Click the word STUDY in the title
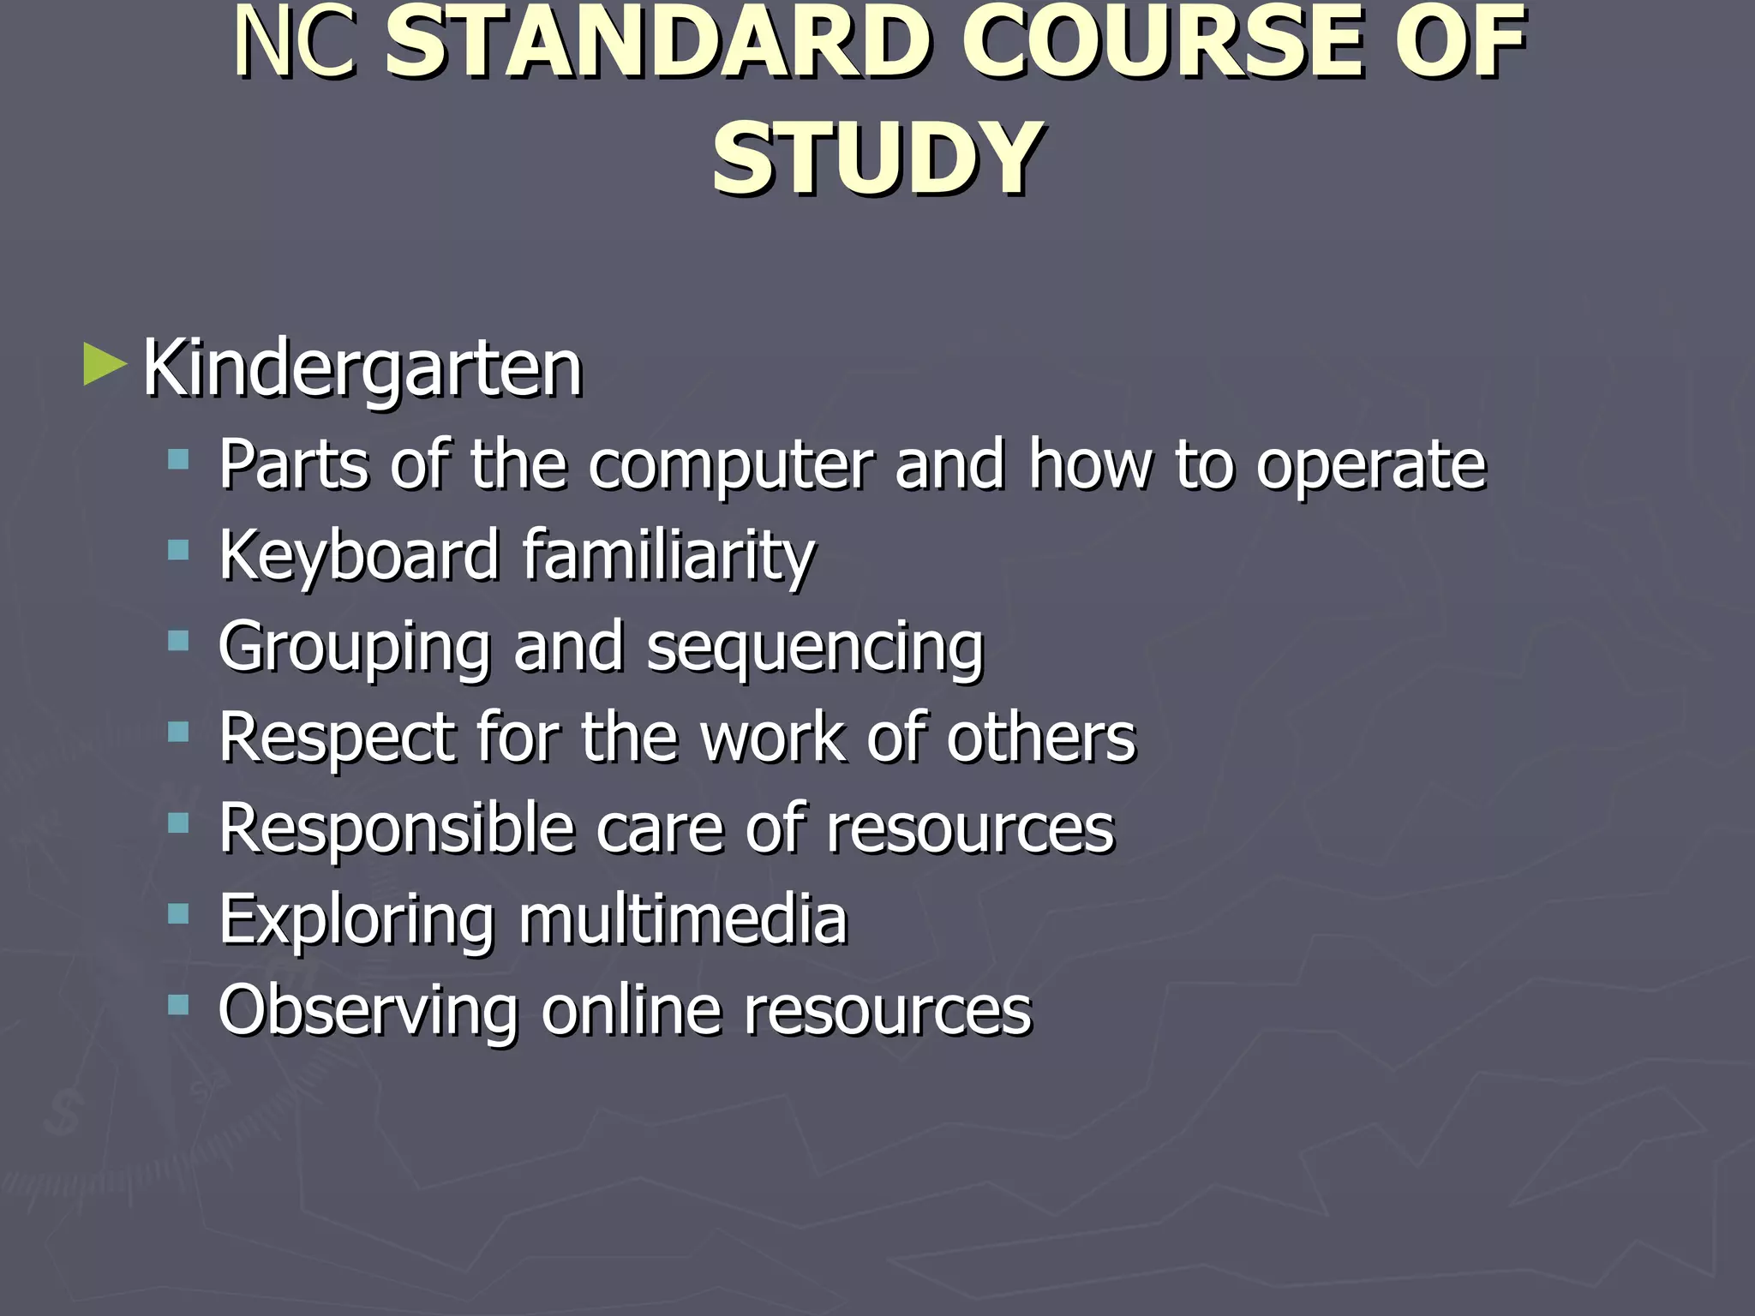(x=877, y=159)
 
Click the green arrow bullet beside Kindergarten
(x=105, y=365)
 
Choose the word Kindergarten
(x=363, y=368)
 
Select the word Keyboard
(x=359, y=555)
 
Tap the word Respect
(x=337, y=739)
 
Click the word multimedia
(x=683, y=919)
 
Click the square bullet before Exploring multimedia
(x=178, y=914)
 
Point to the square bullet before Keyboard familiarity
(x=178, y=550)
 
